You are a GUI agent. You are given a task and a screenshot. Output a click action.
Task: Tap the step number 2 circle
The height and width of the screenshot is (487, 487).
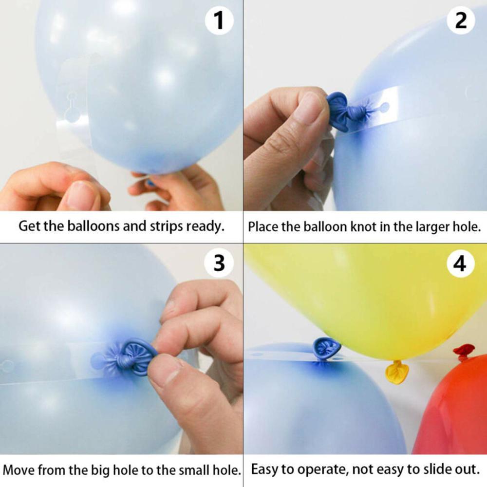point(461,21)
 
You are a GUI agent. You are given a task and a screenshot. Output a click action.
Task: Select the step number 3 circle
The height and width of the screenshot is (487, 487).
point(219,263)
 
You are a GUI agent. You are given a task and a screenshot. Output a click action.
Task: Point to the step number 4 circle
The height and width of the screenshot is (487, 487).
point(460,263)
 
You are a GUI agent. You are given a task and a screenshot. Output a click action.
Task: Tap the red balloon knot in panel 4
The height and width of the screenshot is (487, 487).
point(463,352)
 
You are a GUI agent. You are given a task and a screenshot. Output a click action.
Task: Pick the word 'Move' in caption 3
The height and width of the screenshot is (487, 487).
point(19,470)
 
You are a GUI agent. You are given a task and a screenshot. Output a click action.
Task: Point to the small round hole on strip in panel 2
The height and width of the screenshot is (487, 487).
point(385,106)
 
